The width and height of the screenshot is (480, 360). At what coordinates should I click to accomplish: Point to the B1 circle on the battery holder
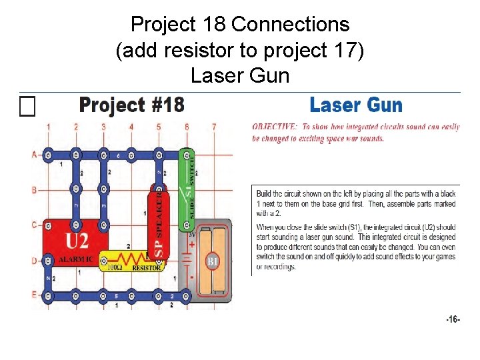(x=212, y=261)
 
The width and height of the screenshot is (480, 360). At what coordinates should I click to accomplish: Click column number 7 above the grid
(x=214, y=127)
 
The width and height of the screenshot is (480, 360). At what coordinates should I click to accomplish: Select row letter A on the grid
(x=34, y=155)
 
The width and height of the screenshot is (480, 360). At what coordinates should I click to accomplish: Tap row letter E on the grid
(x=34, y=294)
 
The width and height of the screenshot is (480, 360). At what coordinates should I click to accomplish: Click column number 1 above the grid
(x=48, y=127)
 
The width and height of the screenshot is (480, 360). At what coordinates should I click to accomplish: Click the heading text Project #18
(x=131, y=105)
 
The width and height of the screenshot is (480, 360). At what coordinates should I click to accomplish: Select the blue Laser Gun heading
(x=356, y=105)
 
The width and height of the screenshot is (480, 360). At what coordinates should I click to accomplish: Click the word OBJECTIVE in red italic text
(x=274, y=127)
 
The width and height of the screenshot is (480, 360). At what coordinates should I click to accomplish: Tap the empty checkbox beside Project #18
(x=27, y=106)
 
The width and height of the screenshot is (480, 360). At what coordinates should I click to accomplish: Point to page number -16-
(x=453, y=320)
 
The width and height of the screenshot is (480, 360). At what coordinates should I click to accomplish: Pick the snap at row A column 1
(x=48, y=155)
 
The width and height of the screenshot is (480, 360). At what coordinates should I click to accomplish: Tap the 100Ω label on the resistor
(x=114, y=267)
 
